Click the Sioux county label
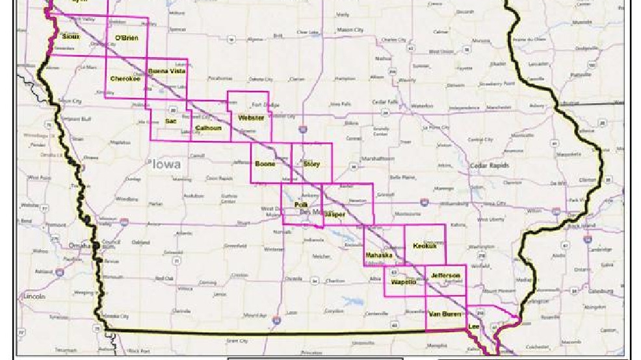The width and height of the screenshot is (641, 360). point(71,37)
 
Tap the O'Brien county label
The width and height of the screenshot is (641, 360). point(126,38)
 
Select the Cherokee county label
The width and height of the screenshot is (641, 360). point(125,79)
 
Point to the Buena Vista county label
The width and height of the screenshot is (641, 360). point(167,71)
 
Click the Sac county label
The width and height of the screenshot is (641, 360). point(171,121)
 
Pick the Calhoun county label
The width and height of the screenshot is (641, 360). point(209,128)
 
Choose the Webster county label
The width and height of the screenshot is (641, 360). point(251,118)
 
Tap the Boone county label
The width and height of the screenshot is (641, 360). point(265,164)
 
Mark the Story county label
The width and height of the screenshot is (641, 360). point(311,164)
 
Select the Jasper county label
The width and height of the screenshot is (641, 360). point(335,214)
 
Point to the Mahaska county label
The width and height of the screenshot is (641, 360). point(379,255)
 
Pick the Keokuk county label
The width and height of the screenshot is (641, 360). point(425,246)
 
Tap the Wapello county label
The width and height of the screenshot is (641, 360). point(404,282)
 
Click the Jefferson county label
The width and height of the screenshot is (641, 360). point(445,276)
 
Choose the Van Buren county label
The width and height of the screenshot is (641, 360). point(445,314)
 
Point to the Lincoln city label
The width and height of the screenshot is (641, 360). point(33,296)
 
